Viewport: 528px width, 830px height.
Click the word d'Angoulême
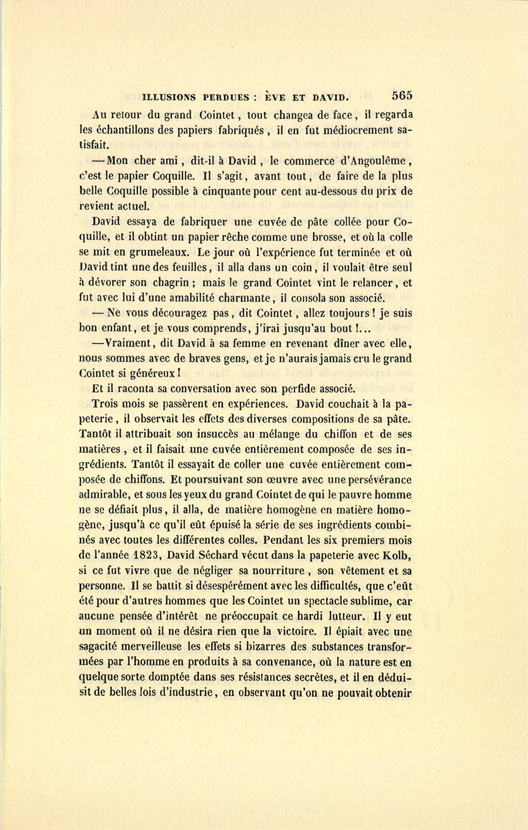coord(376,161)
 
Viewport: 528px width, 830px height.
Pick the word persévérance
coord(375,480)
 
